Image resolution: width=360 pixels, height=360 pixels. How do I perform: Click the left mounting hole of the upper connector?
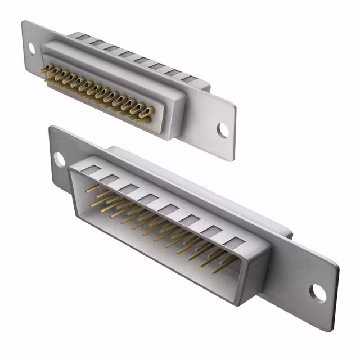[x=31, y=48]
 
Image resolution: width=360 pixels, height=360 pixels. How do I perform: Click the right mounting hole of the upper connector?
[x=223, y=130]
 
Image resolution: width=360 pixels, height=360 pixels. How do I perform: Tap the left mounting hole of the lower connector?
[x=59, y=159]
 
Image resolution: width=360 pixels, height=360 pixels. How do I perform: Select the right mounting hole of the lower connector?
[x=318, y=292]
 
